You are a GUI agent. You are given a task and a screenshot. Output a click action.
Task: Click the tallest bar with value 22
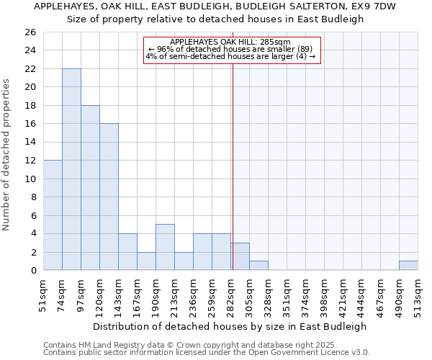tap(71, 169)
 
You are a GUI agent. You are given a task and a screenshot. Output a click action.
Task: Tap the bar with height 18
tap(90, 187)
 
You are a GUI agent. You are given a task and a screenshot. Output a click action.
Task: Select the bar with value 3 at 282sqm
tap(240, 256)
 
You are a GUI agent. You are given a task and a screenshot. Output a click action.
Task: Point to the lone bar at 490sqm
tap(408, 266)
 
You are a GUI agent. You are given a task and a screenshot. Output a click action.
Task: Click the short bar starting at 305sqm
tap(258, 266)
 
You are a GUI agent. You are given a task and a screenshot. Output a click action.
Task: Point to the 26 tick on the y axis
tap(30, 32)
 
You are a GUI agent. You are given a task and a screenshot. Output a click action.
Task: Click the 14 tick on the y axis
tap(30, 142)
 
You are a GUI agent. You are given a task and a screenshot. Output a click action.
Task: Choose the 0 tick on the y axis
tap(33, 270)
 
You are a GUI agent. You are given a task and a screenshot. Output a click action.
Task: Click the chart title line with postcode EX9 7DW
tap(215, 6)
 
